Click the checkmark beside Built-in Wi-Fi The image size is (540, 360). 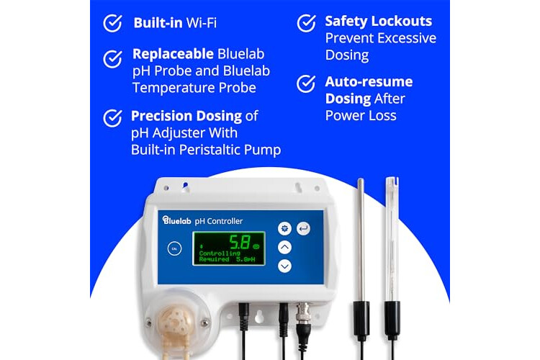[x=112, y=23]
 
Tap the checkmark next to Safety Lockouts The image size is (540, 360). [x=306, y=23]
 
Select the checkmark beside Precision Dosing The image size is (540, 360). [x=112, y=118]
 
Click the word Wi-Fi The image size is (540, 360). [x=202, y=23]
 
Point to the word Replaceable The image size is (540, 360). [x=173, y=54]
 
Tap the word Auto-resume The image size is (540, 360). [x=369, y=81]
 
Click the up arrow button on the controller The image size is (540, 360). [x=284, y=247]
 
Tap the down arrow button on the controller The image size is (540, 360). [x=284, y=266]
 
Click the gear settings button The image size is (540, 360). [x=284, y=228]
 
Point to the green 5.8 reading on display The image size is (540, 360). [x=240, y=242]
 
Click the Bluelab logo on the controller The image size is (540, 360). [x=176, y=220]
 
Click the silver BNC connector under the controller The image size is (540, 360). [x=304, y=312]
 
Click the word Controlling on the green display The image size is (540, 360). [x=220, y=253]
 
